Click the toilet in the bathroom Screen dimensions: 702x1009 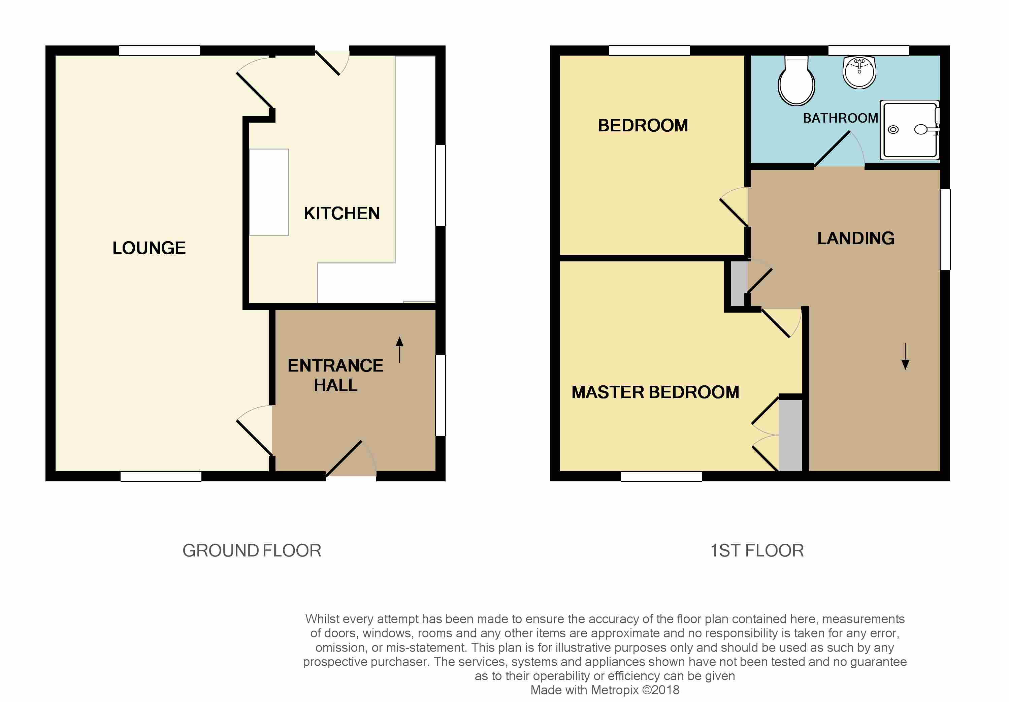pos(796,83)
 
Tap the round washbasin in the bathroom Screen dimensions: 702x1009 pos(859,72)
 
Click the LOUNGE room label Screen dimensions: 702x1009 pos(149,248)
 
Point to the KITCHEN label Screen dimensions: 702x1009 pos(341,213)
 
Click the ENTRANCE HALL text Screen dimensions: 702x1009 pos(335,375)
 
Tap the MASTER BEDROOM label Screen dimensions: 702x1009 pos(655,392)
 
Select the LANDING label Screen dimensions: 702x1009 pos(855,238)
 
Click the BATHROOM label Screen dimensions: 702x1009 pos(840,118)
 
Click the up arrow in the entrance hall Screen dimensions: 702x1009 pos(399,349)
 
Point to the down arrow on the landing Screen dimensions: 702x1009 pos(905,356)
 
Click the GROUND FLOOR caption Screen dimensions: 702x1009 pos(252,550)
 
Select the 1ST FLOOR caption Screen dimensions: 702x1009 pos(757,550)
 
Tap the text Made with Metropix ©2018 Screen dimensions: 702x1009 pos(605,690)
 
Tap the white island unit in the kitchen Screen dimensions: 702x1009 pos(268,192)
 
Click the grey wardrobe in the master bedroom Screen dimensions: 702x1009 pos(790,435)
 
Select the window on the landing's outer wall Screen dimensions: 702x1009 pos(945,229)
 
